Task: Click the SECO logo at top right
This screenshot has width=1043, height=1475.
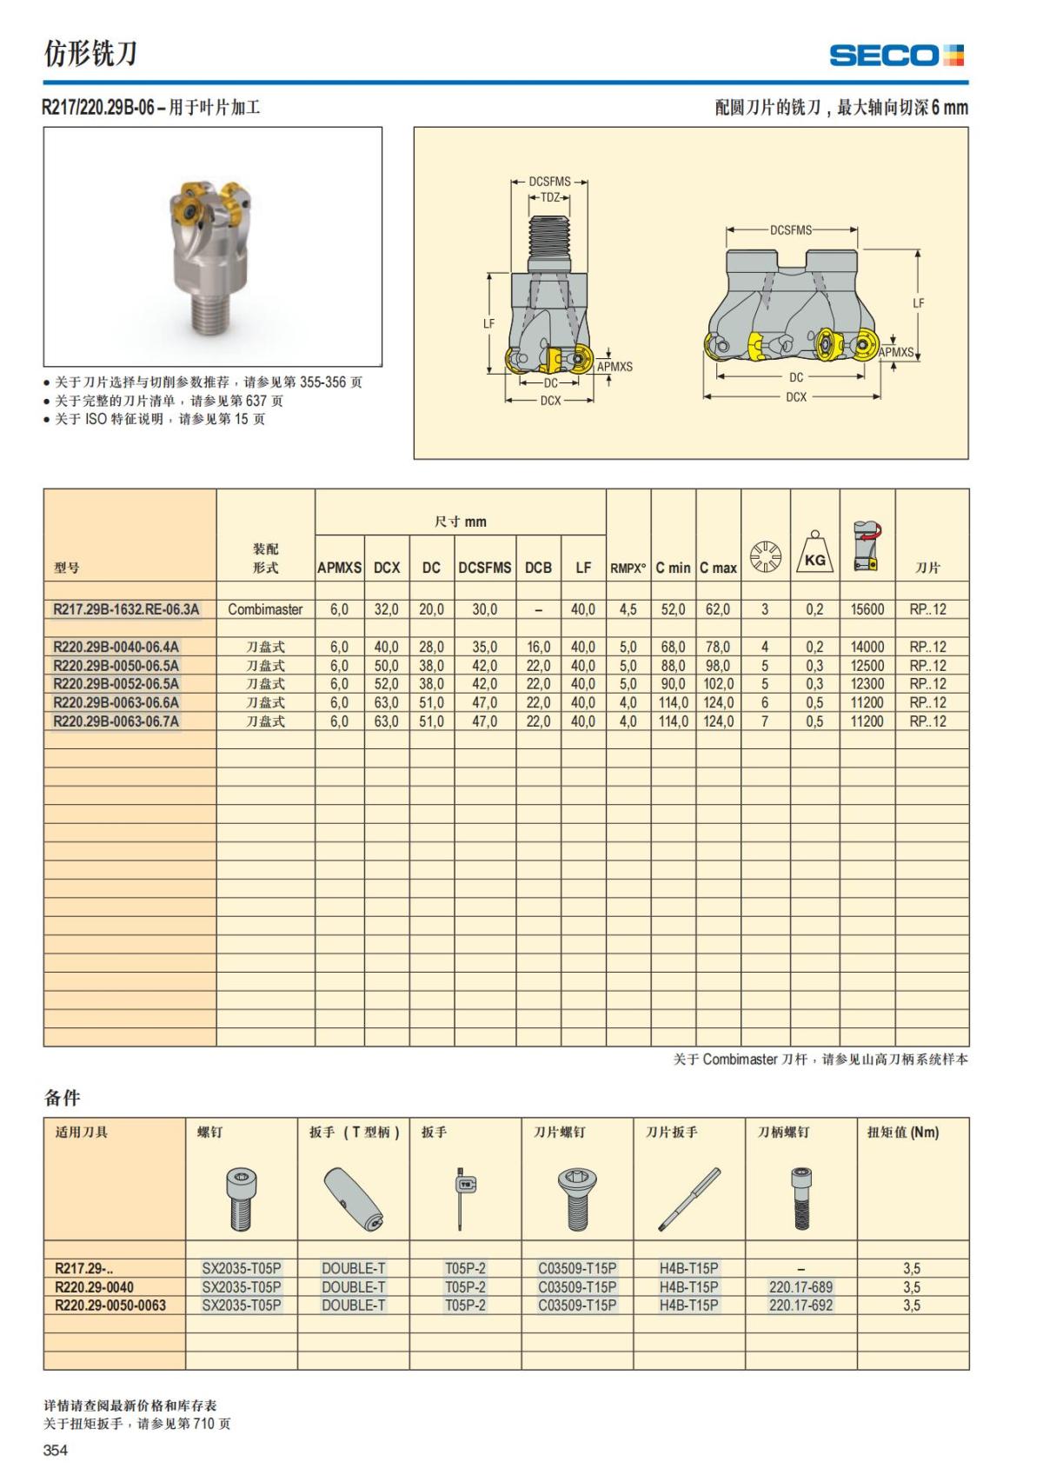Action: pos(896,56)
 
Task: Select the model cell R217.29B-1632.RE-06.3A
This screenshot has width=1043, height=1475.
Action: pos(126,609)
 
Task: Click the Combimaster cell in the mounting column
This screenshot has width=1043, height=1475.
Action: pos(265,609)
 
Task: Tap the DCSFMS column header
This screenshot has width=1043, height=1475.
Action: pos(484,568)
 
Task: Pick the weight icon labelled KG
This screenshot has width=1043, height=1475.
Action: pos(814,554)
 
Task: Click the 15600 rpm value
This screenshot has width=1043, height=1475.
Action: pos(867,609)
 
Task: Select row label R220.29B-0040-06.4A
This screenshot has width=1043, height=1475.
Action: pos(116,647)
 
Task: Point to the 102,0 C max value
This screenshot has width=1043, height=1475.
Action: pos(718,684)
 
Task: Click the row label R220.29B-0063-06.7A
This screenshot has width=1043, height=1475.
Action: pos(116,721)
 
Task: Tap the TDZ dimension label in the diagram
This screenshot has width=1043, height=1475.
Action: pos(550,198)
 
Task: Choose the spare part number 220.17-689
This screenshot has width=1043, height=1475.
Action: pos(801,1287)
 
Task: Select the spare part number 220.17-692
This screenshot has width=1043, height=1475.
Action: pos(801,1306)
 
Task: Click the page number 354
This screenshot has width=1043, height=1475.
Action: pos(56,1450)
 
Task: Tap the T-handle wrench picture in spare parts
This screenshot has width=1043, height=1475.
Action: pos(353,1199)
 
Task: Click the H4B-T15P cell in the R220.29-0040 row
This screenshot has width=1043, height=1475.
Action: pos(688,1287)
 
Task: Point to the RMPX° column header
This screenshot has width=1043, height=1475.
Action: pos(628,568)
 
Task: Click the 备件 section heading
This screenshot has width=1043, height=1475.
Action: pos(62,1098)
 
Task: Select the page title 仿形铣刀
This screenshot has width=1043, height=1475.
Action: pos(90,54)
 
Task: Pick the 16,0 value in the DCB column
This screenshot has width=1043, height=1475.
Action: pos(538,647)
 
